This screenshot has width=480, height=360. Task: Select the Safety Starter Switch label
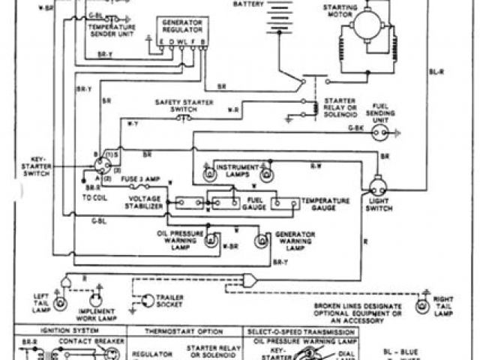coord(175,105)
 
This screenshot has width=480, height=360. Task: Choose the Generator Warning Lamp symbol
coord(262,241)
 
